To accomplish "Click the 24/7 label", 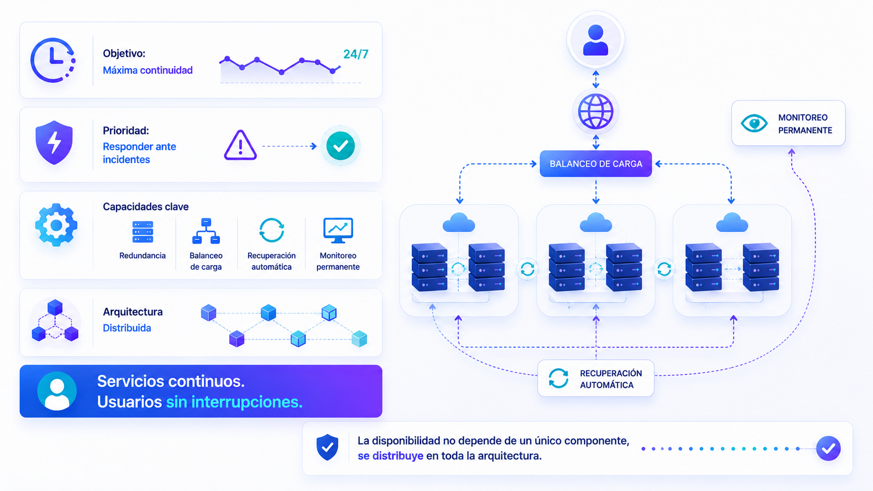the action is click(x=356, y=54).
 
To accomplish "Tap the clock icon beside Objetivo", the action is click(x=53, y=60).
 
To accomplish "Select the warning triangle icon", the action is click(x=240, y=145).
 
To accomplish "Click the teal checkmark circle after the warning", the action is click(x=340, y=146).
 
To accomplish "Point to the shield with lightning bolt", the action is click(x=54, y=142).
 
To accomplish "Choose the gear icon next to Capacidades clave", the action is click(x=56, y=225).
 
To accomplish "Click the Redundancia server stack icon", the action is click(x=143, y=232).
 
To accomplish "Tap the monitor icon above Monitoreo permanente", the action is click(x=338, y=231).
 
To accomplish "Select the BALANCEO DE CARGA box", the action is click(x=596, y=163).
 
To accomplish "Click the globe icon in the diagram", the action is click(x=596, y=111).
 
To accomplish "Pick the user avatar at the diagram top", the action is click(x=596, y=40).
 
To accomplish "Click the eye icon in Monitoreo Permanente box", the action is click(x=754, y=124).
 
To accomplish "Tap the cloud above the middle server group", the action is click(x=596, y=223).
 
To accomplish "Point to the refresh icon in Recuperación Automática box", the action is click(x=559, y=378).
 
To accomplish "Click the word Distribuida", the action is click(x=127, y=328).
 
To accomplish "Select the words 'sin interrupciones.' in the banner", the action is click(x=234, y=402).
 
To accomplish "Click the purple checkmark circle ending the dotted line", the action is click(x=828, y=449).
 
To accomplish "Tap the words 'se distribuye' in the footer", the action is click(x=390, y=456).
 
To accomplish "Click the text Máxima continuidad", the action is click(x=148, y=70).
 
